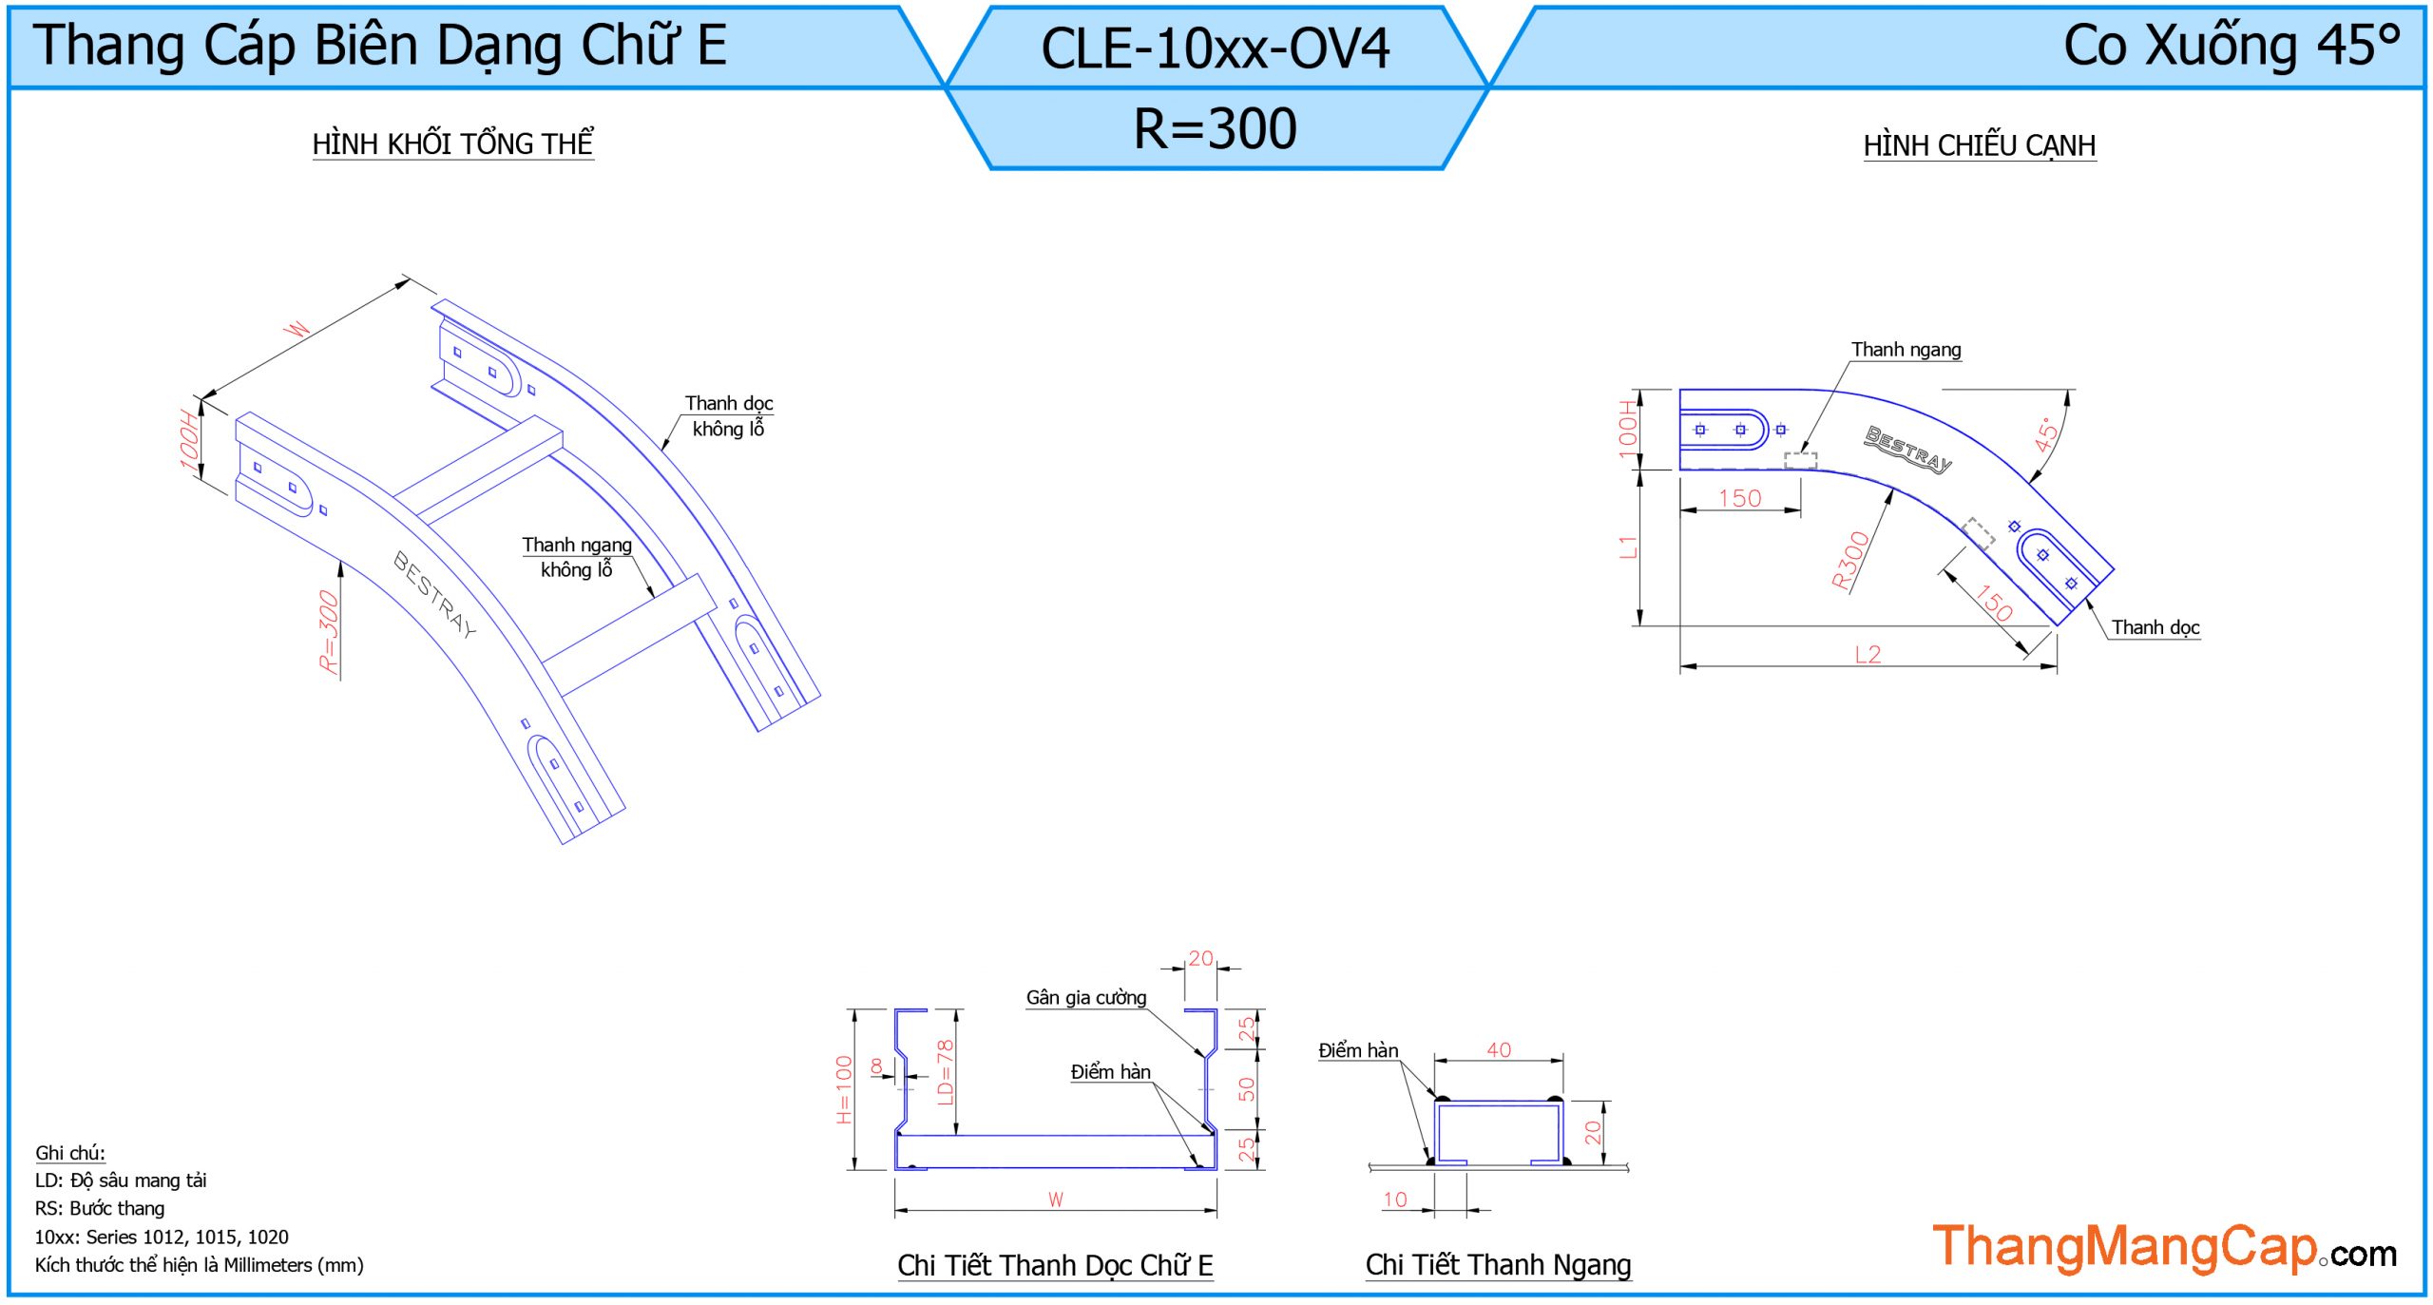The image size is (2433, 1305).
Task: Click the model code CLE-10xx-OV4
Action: (x=1215, y=49)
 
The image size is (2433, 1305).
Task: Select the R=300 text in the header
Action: (x=1215, y=129)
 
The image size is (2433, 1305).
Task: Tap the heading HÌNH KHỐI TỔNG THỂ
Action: (x=452, y=144)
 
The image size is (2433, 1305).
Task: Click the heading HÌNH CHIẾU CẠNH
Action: (x=1979, y=146)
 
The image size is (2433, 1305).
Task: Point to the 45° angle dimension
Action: (x=2046, y=433)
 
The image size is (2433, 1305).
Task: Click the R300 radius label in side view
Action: (x=1849, y=561)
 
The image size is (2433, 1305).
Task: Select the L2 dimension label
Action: (x=1868, y=654)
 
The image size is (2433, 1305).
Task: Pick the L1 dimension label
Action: (x=1628, y=547)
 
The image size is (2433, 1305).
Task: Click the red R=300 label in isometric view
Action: (x=329, y=631)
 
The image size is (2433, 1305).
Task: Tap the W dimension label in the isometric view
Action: (x=298, y=329)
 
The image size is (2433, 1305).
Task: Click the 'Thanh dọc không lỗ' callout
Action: (x=728, y=416)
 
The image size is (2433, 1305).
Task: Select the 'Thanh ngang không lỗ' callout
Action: (x=576, y=557)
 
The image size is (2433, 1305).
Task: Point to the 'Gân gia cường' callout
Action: (x=1085, y=997)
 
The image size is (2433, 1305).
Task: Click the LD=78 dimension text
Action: (x=944, y=1072)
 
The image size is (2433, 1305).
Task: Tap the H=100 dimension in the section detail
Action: (x=844, y=1089)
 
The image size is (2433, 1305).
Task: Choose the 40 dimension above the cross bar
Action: (x=1499, y=1049)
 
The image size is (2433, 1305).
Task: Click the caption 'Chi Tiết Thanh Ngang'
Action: (x=1498, y=1265)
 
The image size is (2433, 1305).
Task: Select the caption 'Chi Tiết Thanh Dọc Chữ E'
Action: (x=1055, y=1265)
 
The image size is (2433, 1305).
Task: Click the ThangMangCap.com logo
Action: (x=2164, y=1248)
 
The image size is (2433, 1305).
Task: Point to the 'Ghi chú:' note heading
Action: (x=70, y=1153)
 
